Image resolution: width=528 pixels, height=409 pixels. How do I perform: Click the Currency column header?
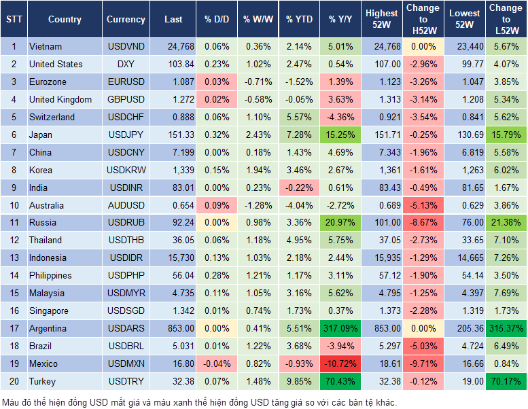click(x=126, y=19)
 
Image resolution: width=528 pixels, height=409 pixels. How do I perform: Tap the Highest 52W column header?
click(x=382, y=19)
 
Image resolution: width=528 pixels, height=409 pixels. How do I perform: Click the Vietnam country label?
click(x=46, y=46)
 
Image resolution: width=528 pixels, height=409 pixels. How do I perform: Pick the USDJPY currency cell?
click(x=126, y=135)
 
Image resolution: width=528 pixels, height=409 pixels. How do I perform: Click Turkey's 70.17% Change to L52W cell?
click(x=506, y=381)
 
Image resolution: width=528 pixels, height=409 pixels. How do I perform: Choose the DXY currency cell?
click(x=126, y=64)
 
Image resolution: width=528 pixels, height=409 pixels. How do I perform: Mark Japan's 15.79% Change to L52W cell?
click(x=506, y=135)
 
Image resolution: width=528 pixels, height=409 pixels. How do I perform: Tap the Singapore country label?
click(x=49, y=310)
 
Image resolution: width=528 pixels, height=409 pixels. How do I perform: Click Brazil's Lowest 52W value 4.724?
click(x=465, y=346)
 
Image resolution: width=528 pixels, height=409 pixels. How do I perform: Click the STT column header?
click(x=14, y=19)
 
